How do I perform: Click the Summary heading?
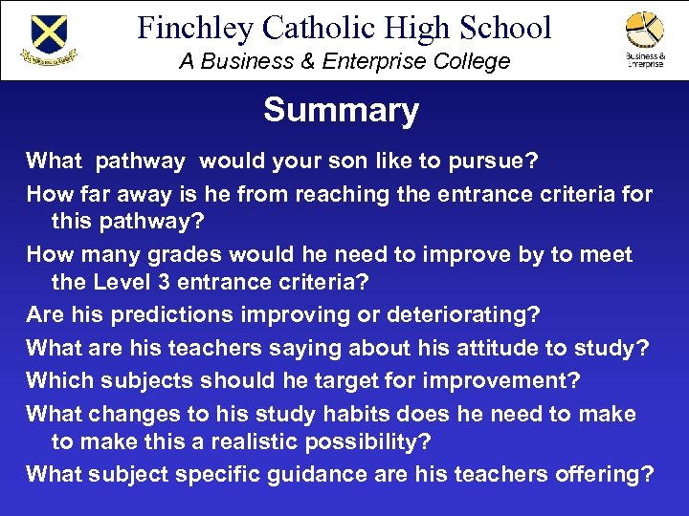341,111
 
